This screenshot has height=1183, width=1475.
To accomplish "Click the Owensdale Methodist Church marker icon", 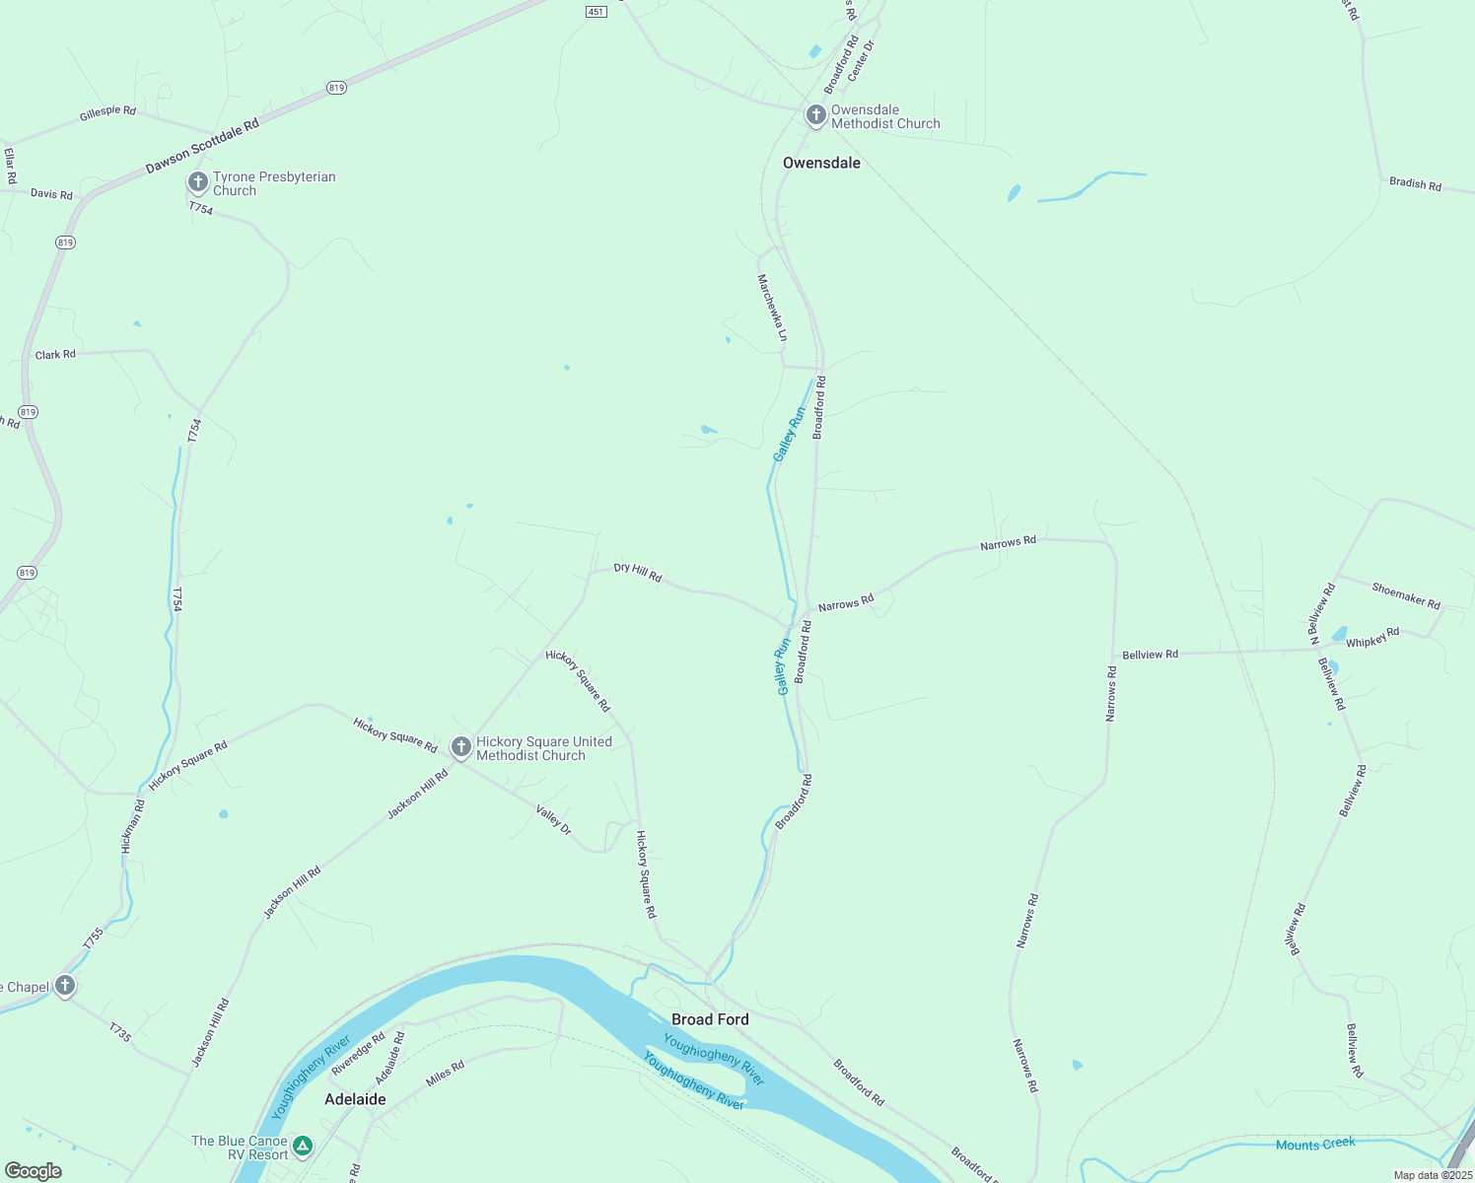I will click(815, 115).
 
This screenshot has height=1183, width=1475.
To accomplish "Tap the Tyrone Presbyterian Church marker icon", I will click(197, 182).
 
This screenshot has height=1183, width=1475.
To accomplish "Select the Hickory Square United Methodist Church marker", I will click(460, 747).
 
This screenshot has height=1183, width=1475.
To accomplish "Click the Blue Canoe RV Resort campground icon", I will click(304, 1146).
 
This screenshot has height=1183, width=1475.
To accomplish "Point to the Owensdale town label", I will click(821, 163).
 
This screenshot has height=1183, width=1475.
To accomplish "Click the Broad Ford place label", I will click(710, 1019).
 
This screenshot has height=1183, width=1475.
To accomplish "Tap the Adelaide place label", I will click(355, 1099).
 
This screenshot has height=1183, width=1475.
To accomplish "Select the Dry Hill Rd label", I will click(638, 573).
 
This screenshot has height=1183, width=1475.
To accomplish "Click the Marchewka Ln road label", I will click(772, 308).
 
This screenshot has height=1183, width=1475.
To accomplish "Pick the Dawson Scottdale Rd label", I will click(202, 147).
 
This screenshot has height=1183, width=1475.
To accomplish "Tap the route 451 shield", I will click(595, 12).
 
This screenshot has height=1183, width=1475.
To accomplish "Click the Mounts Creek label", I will click(1315, 1144).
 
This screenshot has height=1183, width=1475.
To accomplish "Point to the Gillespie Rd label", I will click(107, 113).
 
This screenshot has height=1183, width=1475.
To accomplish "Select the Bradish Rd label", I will click(1415, 184).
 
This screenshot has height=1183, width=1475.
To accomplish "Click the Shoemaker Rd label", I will click(1406, 595).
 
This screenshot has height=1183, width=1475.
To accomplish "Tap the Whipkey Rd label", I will click(1372, 639).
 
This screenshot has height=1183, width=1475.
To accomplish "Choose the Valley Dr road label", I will click(553, 820).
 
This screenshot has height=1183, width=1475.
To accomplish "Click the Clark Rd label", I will click(55, 354).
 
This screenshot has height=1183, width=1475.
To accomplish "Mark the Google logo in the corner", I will click(34, 1171).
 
